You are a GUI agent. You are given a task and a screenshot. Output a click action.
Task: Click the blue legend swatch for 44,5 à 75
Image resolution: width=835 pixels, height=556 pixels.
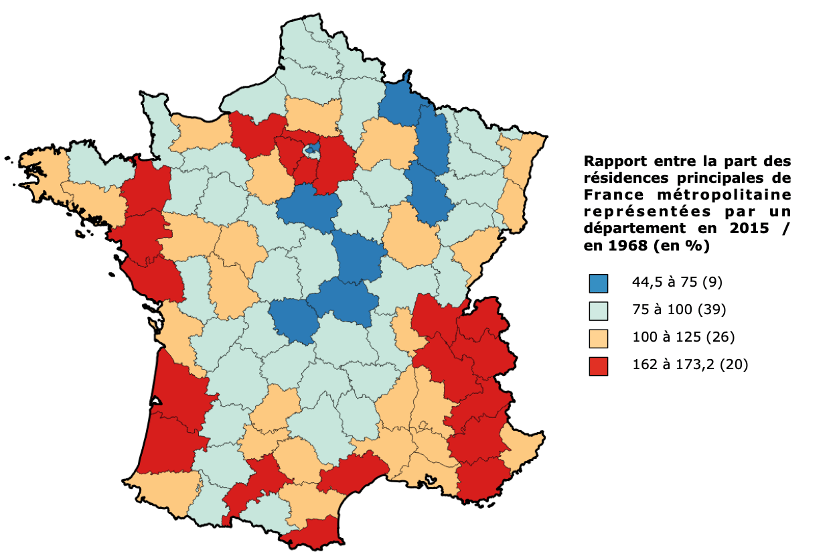(598, 283)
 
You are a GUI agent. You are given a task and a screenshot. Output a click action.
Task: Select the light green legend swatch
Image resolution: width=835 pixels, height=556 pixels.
(598, 310)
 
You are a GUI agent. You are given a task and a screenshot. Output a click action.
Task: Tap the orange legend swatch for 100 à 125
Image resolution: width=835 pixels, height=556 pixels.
(598, 338)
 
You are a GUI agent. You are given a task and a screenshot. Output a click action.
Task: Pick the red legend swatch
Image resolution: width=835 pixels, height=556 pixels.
(598, 366)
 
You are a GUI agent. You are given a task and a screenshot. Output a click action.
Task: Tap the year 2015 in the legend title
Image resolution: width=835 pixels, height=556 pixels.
(741, 228)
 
